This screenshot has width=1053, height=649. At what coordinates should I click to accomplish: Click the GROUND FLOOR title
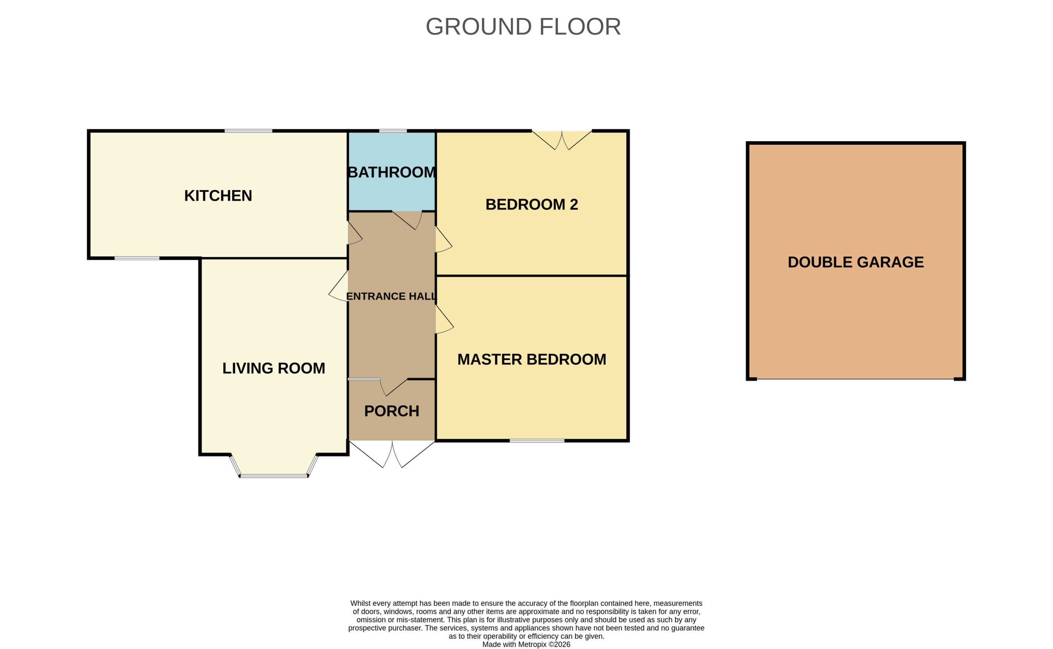click(523, 27)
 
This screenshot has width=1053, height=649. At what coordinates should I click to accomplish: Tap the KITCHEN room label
click(218, 196)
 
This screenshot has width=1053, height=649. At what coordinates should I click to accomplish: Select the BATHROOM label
click(392, 172)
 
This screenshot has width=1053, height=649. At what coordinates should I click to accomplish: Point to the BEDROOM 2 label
click(532, 204)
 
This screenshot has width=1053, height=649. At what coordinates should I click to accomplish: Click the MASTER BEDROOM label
click(532, 359)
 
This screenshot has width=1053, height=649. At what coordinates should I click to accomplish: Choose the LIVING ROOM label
click(273, 368)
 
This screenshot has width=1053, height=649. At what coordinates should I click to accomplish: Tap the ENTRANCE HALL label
click(391, 296)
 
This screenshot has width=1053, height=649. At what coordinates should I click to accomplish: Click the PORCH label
click(392, 411)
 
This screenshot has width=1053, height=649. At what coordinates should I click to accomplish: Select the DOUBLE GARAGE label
click(856, 262)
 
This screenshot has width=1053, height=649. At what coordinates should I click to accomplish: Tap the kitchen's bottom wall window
click(137, 258)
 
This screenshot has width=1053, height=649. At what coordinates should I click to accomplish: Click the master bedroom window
click(537, 441)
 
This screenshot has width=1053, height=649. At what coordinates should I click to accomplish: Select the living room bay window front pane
click(273, 476)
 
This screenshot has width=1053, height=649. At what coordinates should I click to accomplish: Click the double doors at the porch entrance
click(392, 454)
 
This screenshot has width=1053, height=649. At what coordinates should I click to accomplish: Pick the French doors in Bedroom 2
click(562, 140)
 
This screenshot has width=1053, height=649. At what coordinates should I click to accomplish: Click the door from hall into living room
click(338, 286)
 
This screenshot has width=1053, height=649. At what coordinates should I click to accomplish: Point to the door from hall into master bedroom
click(444, 319)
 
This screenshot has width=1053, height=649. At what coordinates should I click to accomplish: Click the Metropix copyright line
click(526, 644)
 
